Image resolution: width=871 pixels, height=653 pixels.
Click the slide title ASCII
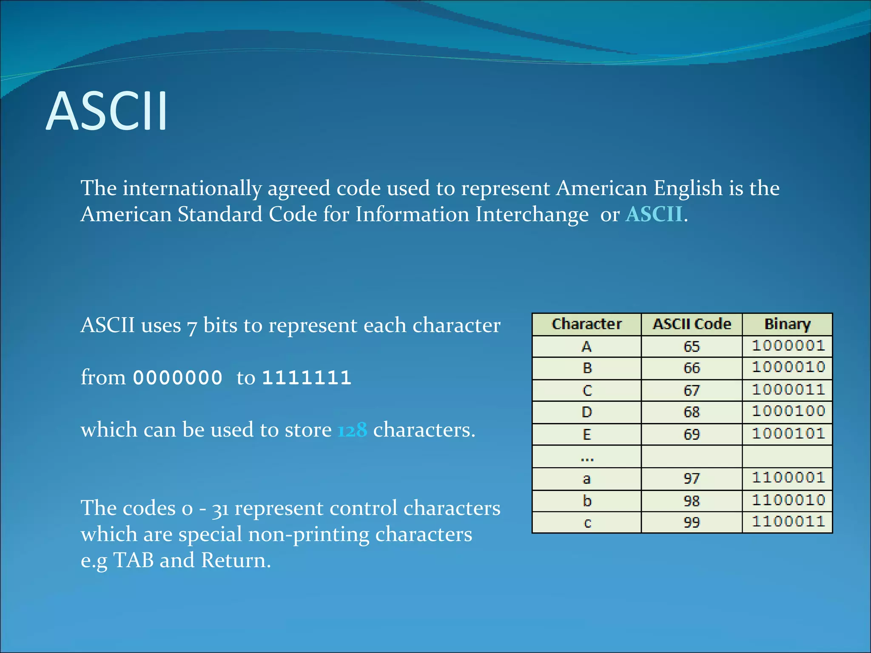107,111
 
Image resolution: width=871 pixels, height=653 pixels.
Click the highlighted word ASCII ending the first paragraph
654,214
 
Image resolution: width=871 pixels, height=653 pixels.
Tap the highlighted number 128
352,430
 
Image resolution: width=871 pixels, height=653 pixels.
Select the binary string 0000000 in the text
178,378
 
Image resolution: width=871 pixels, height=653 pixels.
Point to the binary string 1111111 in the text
307,378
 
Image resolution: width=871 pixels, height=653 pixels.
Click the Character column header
586,324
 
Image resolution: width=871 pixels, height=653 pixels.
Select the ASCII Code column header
692,324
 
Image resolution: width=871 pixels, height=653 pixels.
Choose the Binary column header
787,324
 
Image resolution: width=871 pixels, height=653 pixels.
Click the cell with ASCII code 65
692,346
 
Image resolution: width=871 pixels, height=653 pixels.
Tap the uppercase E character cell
586,434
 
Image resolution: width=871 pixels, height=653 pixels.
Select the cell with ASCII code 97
692,479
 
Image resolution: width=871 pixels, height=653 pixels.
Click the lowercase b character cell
586,501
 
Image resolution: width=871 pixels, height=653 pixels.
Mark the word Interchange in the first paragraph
532,214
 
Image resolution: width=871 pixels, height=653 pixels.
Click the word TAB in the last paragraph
134,560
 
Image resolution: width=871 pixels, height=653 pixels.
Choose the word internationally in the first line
192,188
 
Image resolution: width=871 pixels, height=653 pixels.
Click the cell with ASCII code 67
692,390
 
